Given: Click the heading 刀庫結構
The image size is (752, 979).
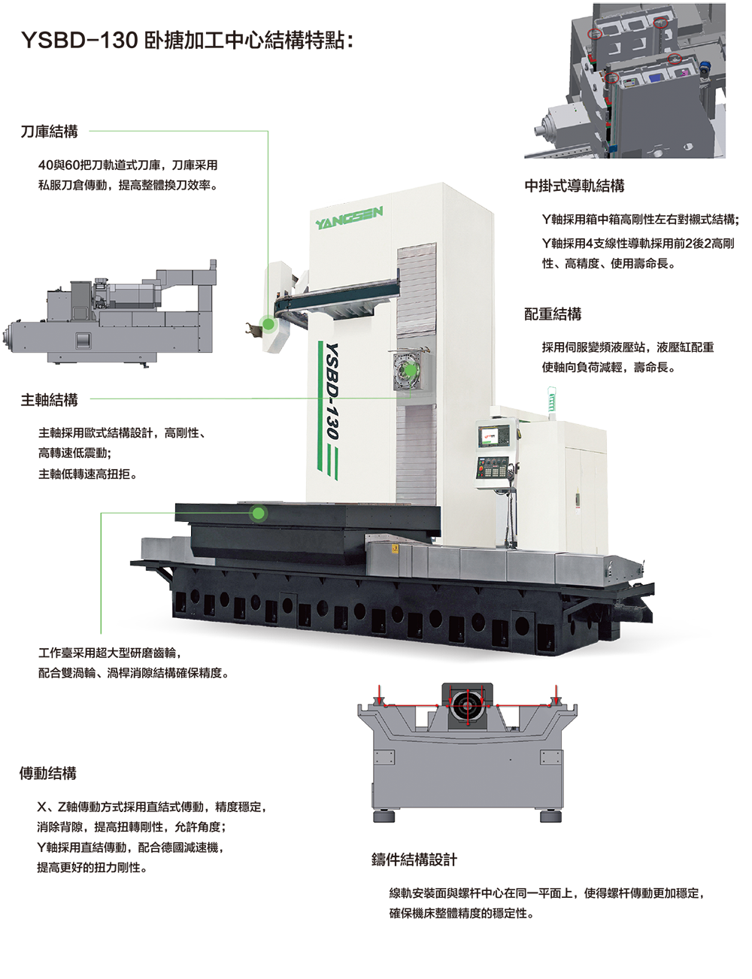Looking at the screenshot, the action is [49, 132].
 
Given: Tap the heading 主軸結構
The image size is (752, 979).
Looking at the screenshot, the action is [49, 399].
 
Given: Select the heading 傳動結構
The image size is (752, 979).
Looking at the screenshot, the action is [48, 773].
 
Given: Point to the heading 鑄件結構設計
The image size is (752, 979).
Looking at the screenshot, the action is [414, 859].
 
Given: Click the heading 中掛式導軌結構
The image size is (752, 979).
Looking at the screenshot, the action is [575, 186].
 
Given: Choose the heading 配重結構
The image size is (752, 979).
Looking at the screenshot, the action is [553, 314].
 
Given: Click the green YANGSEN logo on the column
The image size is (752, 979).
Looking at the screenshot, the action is [349, 217].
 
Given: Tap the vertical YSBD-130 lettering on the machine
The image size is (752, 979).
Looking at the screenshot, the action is [332, 392].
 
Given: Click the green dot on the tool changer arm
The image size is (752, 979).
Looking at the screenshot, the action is [268, 323].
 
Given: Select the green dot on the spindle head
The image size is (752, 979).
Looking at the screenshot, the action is [410, 371].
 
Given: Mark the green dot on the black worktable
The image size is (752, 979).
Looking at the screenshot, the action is [259, 513].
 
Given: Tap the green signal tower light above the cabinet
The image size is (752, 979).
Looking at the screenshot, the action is [551, 399].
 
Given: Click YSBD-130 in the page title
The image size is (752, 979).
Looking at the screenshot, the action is [80, 41].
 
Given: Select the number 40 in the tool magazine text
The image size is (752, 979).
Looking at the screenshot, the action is [46, 165].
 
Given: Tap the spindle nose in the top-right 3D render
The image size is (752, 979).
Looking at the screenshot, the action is [542, 125].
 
